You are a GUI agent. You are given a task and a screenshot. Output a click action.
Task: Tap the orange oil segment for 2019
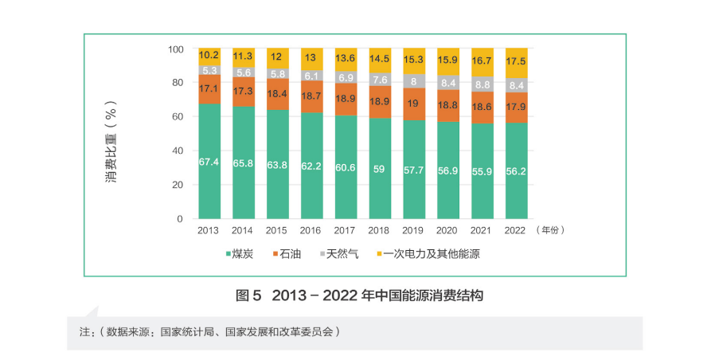click(413, 104)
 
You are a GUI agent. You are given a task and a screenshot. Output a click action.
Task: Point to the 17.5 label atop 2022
click(516, 61)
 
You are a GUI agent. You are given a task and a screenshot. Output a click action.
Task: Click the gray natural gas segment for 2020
click(447, 82)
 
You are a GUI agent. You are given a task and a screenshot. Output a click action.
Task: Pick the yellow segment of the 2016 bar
click(311, 57)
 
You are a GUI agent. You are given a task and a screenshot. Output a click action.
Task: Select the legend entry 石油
click(291, 254)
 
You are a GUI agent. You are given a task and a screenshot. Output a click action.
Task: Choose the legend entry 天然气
click(340, 254)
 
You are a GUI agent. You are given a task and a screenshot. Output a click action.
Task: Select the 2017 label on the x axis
click(346, 230)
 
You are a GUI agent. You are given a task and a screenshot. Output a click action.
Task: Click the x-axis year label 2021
click(482, 230)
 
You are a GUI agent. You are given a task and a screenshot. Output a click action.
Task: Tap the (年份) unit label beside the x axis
click(550, 230)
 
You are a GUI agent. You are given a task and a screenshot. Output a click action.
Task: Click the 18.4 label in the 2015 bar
click(277, 93)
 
